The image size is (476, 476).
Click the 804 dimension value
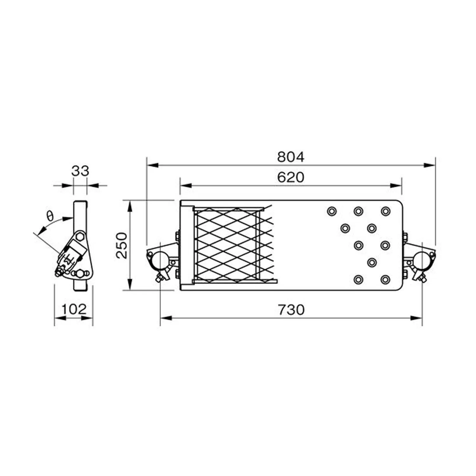[x=290, y=157]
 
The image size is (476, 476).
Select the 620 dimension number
[x=290, y=177]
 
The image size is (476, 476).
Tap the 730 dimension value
[x=291, y=309]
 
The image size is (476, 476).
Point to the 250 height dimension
[x=122, y=245]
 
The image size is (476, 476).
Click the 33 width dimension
[x=80, y=171]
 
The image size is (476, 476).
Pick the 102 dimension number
[x=74, y=309]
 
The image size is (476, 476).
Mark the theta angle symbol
[x=50, y=216]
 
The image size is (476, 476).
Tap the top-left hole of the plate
[x=332, y=211]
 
